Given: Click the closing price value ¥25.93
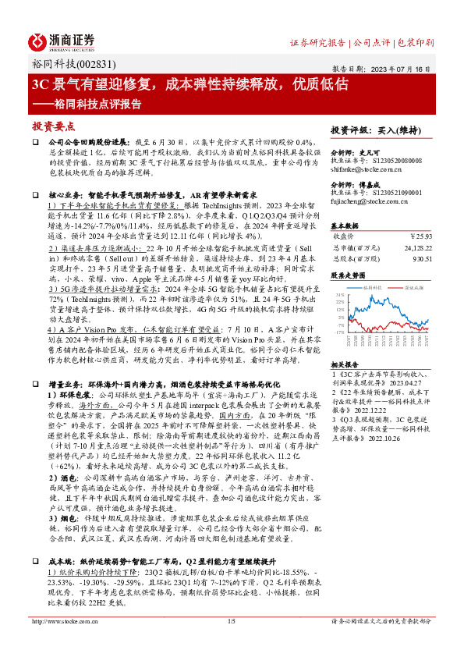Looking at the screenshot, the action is click(x=422, y=234).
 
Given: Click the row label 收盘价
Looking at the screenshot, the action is click(x=344, y=234).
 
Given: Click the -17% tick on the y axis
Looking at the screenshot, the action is click(x=339, y=331).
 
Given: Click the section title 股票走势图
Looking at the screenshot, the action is click(x=349, y=275).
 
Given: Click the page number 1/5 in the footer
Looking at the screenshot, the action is click(x=231, y=643).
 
